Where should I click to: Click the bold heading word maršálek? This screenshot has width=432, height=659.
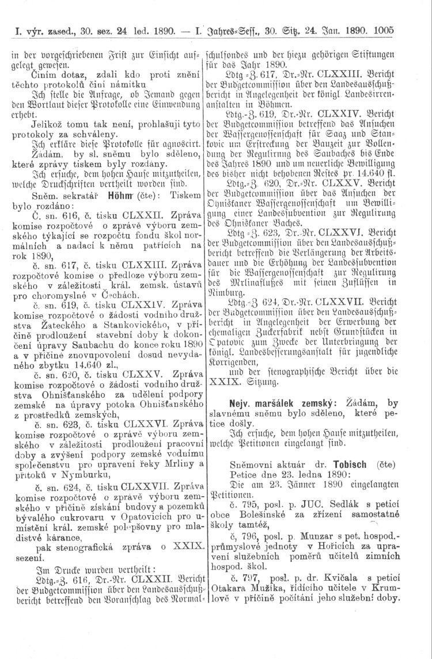point(283,403)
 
